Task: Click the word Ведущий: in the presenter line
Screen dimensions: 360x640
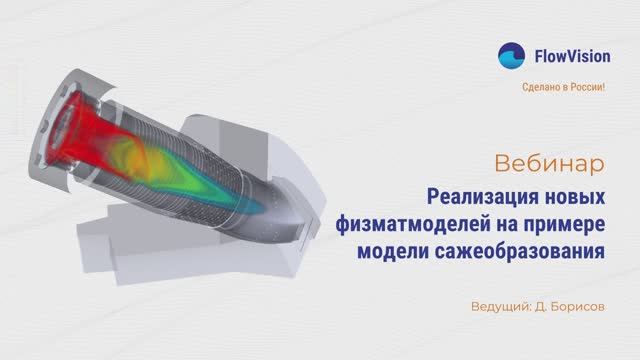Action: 502,305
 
